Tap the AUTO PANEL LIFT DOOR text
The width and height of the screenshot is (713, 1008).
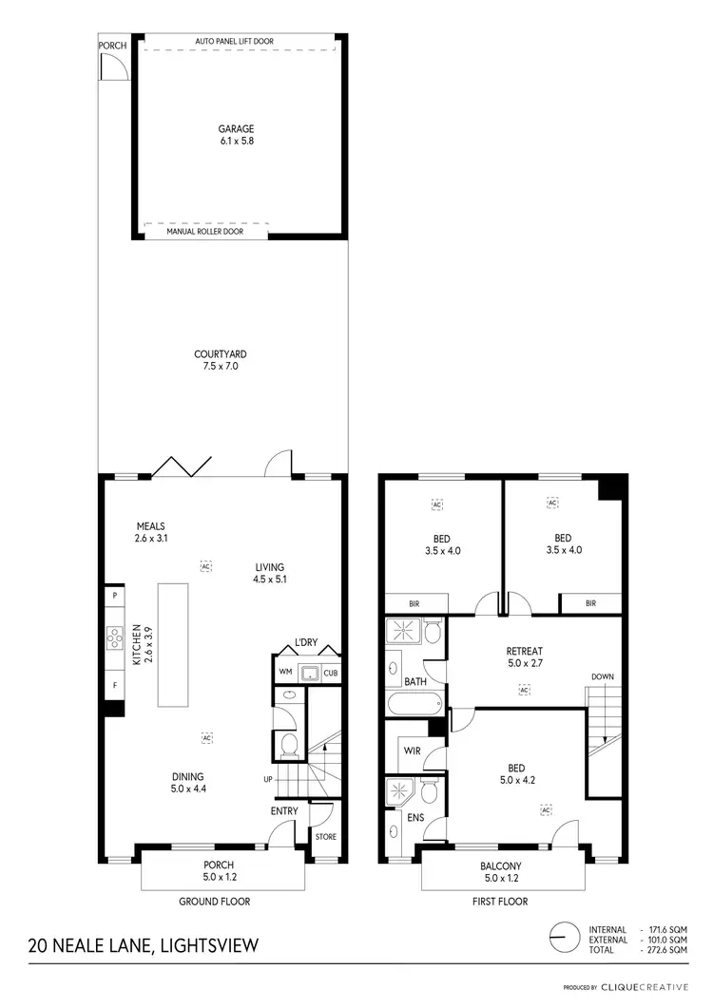(239, 42)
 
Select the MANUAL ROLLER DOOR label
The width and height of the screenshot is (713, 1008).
(204, 231)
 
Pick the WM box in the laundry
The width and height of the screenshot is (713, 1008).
(285, 674)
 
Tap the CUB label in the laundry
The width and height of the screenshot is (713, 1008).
(329, 674)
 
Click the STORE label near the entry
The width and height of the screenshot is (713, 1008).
(324, 837)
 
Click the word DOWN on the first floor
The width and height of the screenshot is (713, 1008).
(602, 676)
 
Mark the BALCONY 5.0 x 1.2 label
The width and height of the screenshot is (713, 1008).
(499, 872)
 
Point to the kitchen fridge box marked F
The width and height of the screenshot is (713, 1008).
(115, 683)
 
